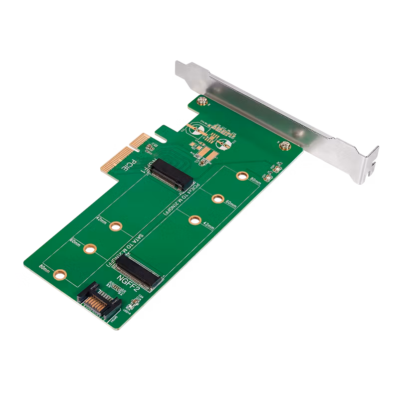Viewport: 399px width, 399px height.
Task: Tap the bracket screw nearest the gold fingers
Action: (203, 102)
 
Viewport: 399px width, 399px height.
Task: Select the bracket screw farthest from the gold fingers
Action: (284, 146)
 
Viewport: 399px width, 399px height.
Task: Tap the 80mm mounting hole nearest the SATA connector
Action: (60, 274)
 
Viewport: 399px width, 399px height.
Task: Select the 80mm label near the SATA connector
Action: (44, 268)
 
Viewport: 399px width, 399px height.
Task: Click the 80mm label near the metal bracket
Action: (255, 182)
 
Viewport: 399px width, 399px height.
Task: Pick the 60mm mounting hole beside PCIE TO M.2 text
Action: (217, 199)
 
